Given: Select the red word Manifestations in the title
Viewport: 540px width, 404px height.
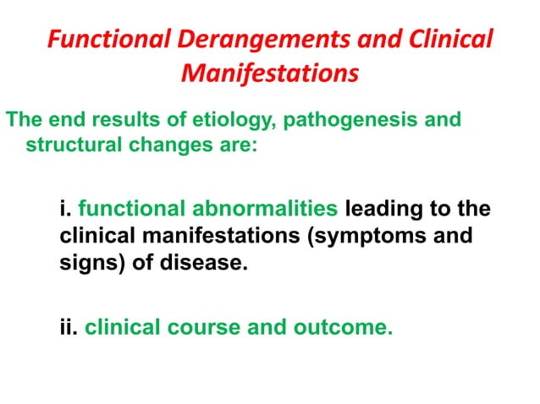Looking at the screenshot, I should pos(269,74).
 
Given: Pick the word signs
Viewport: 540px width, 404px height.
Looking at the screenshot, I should pos(87,264).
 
